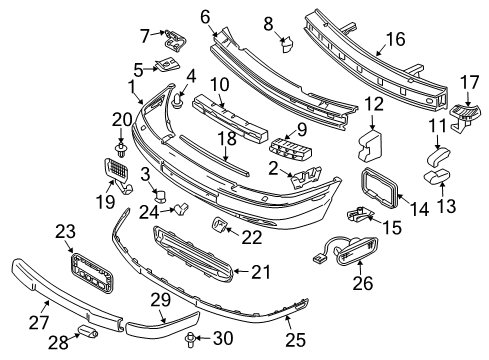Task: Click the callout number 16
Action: click(395, 39)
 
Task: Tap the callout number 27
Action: click(39, 322)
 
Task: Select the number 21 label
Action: click(261, 272)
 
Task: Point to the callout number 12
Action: click(374, 104)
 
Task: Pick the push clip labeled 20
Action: click(121, 150)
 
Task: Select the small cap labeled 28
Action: click(87, 331)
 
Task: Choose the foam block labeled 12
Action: click(370, 145)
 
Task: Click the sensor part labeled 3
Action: click(161, 196)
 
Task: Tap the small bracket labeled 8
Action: click(287, 44)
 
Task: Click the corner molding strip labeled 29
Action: click(162, 324)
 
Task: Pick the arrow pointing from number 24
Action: click(167, 210)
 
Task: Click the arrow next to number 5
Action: click(151, 69)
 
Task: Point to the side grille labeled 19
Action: click(118, 175)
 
